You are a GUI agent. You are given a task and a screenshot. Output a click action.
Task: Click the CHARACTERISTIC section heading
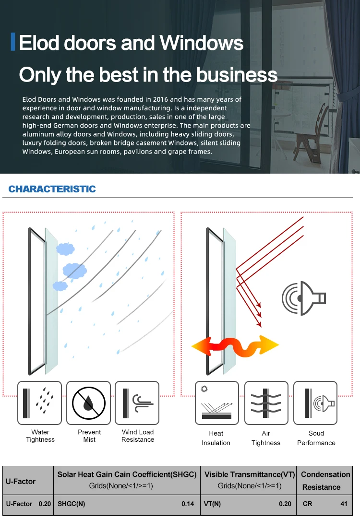click(52, 189)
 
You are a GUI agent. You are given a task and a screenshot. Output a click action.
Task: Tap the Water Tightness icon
click(40, 402)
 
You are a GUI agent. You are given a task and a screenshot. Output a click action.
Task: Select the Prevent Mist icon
click(89, 402)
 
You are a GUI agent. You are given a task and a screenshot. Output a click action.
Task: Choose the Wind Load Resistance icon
click(137, 402)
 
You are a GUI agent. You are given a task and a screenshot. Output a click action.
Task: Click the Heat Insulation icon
click(216, 402)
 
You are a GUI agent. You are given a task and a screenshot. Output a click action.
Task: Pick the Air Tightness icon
click(266, 402)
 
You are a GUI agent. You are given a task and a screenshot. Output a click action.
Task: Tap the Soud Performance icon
click(315, 402)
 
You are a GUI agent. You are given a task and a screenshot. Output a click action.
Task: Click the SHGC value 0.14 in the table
click(188, 504)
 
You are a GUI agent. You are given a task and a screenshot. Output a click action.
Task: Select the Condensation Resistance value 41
click(344, 504)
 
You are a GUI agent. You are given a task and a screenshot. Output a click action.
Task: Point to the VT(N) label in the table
click(212, 504)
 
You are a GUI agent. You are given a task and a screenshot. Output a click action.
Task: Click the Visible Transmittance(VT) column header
click(249, 474)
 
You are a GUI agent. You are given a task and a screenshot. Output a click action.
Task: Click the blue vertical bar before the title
click(13, 42)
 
